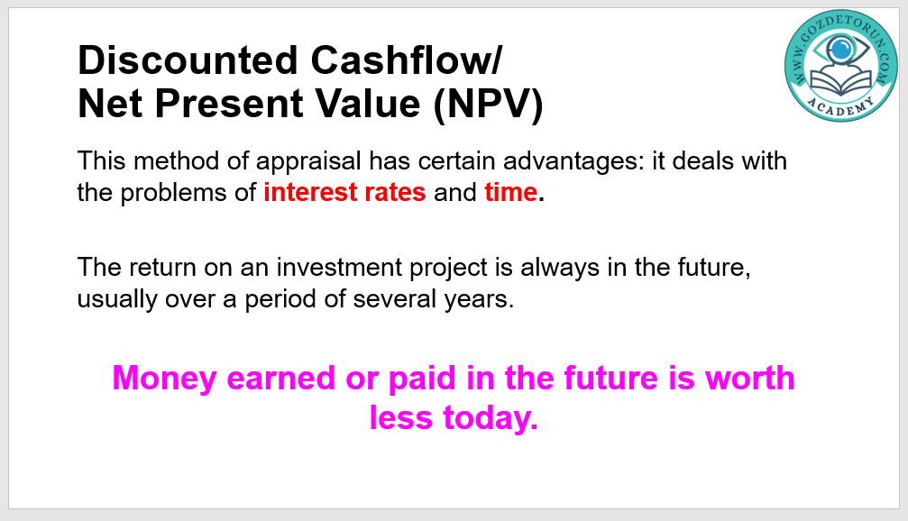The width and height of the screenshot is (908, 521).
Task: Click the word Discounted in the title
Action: point(188,60)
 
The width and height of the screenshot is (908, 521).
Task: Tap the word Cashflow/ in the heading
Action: point(407,60)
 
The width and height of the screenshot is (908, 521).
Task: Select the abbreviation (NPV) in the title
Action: point(488,105)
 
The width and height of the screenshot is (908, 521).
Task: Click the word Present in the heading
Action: point(229,104)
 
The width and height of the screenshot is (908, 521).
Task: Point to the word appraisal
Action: point(308,161)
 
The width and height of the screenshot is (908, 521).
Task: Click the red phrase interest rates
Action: point(344,192)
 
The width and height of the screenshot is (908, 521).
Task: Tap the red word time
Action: point(511,192)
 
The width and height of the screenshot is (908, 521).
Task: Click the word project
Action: point(449,269)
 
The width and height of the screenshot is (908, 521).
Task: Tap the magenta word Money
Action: point(164,379)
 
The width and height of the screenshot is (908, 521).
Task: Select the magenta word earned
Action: point(280,378)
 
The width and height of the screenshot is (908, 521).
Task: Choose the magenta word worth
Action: point(750,378)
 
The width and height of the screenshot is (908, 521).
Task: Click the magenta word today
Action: point(491,418)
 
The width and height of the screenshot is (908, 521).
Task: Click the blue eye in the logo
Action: point(841,49)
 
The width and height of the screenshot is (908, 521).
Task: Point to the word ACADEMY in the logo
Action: point(840,107)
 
